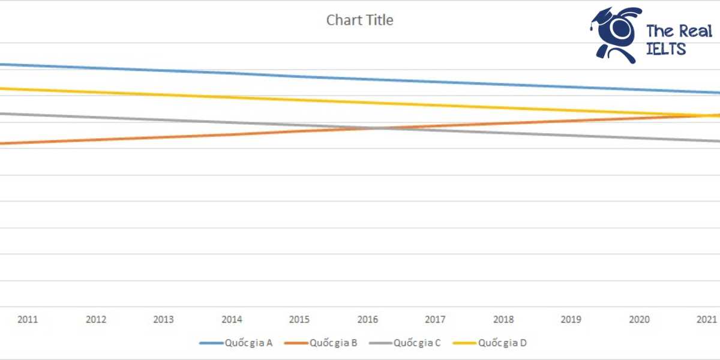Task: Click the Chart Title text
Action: [359, 20]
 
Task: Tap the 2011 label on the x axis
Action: [28, 320]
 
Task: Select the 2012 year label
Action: [95, 320]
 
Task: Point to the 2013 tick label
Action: [163, 320]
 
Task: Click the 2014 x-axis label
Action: [232, 320]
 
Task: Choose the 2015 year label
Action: [299, 320]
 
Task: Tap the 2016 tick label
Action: [367, 320]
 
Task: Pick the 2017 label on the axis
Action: [434, 320]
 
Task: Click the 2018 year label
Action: [502, 320]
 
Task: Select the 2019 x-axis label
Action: [570, 320]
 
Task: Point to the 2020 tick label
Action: [638, 320]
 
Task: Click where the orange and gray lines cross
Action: [377, 128]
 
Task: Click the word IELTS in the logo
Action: [665, 49]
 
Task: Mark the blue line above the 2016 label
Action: [367, 79]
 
